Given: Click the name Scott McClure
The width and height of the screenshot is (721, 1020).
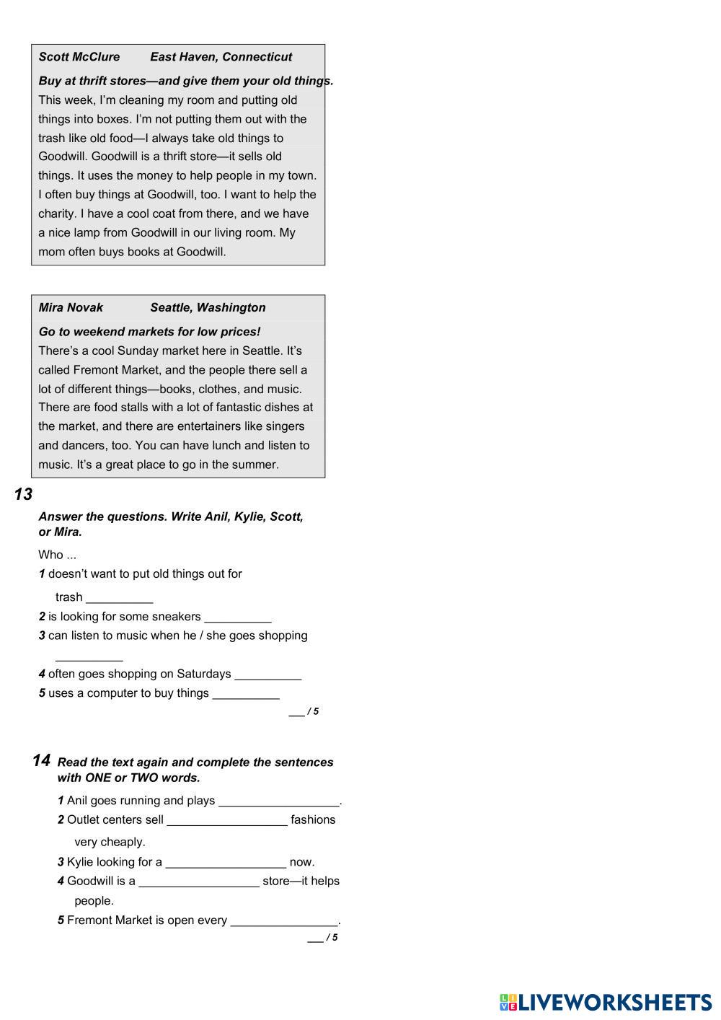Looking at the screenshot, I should click(79, 57).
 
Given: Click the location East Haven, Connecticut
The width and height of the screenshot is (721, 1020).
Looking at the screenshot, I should click(221, 57).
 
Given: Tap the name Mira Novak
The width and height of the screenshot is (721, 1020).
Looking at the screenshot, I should click(71, 307).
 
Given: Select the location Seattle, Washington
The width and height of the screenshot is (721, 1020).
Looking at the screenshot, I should click(208, 307).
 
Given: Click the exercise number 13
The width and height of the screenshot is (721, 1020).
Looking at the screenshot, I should click(23, 495).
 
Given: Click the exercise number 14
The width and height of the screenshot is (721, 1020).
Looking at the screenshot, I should click(41, 761).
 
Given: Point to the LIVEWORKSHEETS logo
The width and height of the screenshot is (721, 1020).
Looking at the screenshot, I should click(605, 1002).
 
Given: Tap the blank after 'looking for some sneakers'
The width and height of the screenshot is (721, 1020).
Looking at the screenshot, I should click(238, 617).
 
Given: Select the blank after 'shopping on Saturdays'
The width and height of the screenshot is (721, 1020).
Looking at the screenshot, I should click(267, 674).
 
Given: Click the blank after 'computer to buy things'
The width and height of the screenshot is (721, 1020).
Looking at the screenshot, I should click(246, 694).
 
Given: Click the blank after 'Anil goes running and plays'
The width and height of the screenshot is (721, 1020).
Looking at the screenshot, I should click(278, 801).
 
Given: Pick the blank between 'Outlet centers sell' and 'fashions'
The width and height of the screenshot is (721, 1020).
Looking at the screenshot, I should click(226, 820).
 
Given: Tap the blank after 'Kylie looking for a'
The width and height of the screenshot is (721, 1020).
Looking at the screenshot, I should click(226, 863).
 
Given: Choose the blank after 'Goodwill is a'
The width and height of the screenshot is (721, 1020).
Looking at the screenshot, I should click(198, 881).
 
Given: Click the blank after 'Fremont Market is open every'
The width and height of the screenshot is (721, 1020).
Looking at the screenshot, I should click(284, 921).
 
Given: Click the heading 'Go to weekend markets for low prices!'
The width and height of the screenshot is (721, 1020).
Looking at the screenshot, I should click(149, 332).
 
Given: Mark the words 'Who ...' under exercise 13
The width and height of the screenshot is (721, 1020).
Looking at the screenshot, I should click(57, 555).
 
